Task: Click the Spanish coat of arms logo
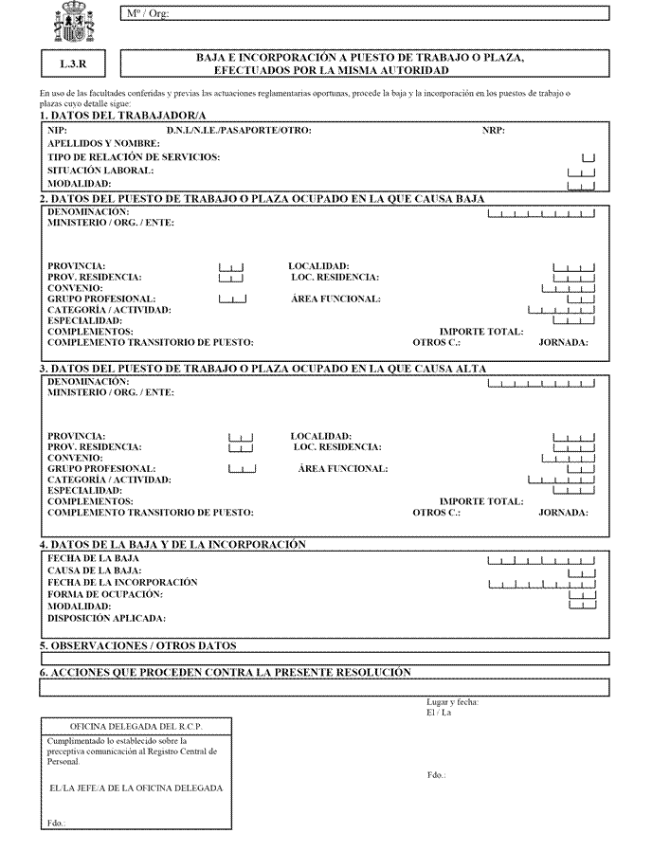pos(74,21)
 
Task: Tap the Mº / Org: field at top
pos(364,13)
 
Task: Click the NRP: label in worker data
pos(493,130)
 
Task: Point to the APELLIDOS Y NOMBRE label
pos(103,143)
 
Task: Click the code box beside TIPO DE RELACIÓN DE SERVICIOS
pos(588,157)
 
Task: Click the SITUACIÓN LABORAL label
pos(100,171)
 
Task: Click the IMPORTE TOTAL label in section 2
pos(481,332)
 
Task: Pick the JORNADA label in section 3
pos(563,513)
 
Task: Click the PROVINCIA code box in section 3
pos(241,438)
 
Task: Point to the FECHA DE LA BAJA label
pos(93,559)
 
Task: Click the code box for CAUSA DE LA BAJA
pos(581,572)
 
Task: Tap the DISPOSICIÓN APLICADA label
pos(106,618)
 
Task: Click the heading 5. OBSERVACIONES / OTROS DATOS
pos(138,646)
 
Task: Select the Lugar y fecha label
pos(452,702)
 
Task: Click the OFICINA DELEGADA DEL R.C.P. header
pos(136,726)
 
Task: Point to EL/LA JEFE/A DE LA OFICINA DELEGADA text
pos(136,788)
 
